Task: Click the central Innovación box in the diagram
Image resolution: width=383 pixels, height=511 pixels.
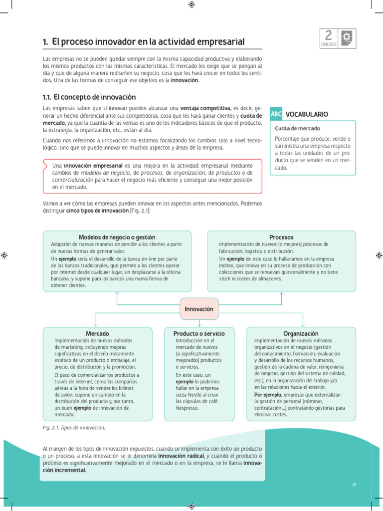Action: [199, 309]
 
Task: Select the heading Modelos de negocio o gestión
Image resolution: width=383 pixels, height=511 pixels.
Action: [117, 237]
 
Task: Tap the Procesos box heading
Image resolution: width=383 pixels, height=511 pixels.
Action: [281, 237]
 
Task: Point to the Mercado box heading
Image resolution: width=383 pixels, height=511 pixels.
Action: [98, 333]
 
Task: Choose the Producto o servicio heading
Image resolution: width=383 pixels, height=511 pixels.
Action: [199, 333]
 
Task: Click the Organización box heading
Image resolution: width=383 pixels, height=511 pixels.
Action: [301, 333]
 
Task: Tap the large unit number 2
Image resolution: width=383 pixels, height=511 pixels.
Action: [328, 35]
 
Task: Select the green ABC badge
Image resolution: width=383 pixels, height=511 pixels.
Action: [276, 114]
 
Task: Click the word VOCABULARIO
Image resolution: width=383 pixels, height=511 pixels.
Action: [307, 114]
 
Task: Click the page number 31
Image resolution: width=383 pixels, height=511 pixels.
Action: [354, 485]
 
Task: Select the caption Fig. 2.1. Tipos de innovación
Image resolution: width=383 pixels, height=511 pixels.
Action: [74, 428]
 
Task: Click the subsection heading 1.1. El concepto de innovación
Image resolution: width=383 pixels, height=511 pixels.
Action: [89, 97]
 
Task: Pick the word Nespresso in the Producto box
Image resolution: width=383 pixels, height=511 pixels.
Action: [187, 408]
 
